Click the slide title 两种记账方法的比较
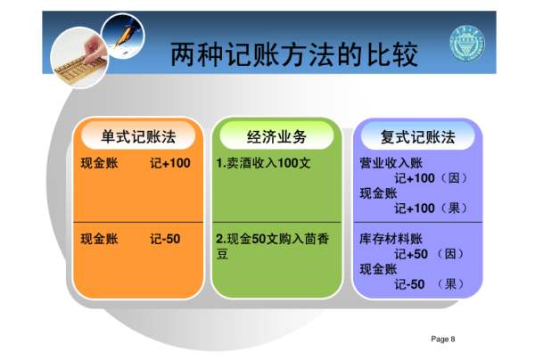[x=294, y=54]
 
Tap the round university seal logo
[x=467, y=45]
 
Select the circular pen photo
[x=123, y=36]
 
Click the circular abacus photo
[x=79, y=57]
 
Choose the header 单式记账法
[x=138, y=136]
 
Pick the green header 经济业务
[x=276, y=136]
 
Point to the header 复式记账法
[x=418, y=136]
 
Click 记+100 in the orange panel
[x=170, y=163]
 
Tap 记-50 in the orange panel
[x=165, y=239]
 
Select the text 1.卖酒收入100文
[x=263, y=163]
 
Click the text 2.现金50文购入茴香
[x=273, y=239]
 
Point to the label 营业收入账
[x=391, y=163]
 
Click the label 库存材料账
[x=391, y=239]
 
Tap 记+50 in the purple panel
[x=411, y=254]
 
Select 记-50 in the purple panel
[x=409, y=284]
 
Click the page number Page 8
[x=443, y=339]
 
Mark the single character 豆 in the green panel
[x=222, y=254]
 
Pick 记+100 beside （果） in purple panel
[x=415, y=209]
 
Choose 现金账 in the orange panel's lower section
[x=99, y=239]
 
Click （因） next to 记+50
[x=450, y=254]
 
